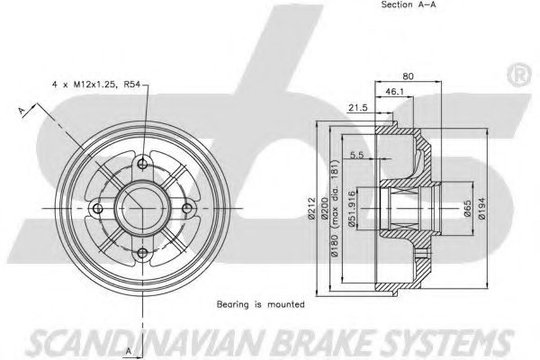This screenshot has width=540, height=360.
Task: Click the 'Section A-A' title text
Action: [x=409, y=4]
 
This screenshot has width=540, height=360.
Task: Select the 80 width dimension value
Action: [x=408, y=76]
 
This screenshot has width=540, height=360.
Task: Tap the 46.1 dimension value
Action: [x=394, y=91]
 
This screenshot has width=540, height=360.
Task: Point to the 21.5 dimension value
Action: [x=358, y=107]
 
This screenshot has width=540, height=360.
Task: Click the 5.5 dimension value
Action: [x=356, y=155]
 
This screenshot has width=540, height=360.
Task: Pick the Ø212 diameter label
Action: [x=312, y=208]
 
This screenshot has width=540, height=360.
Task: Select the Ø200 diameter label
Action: [x=324, y=208]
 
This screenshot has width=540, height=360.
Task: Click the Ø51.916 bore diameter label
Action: [x=352, y=209]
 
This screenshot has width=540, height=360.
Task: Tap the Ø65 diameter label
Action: [x=467, y=209]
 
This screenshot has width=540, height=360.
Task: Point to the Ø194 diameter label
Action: [x=481, y=209]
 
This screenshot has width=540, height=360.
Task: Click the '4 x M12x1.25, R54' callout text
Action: [x=96, y=84]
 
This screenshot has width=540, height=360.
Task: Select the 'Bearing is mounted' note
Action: [x=261, y=304]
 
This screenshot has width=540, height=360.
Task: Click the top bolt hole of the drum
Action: [x=142, y=163]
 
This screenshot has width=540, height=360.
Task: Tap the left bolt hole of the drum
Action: [x=98, y=209]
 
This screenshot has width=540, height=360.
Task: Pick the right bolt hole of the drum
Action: [x=187, y=209]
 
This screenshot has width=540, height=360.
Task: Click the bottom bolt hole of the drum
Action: [x=142, y=253]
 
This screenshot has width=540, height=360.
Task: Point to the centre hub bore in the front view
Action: [x=142, y=209]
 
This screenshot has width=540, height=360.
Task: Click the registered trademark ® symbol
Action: [x=519, y=75]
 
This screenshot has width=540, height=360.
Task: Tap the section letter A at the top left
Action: [x=22, y=111]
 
